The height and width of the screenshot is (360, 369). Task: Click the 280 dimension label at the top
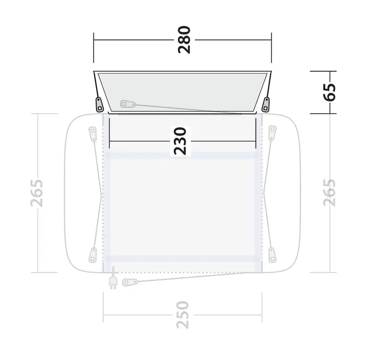tap(184, 40)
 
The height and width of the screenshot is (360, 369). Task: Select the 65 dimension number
tap(329, 92)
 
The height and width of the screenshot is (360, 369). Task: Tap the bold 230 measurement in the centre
tap(180, 141)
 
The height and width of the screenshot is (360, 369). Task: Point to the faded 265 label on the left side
tap(37, 193)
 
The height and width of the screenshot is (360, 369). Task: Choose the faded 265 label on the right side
tap(329, 193)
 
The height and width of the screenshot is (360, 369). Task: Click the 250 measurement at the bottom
tap(182, 315)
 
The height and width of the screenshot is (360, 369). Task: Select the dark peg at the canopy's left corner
tap(99, 104)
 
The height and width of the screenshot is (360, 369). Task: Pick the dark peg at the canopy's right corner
tap(266, 104)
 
